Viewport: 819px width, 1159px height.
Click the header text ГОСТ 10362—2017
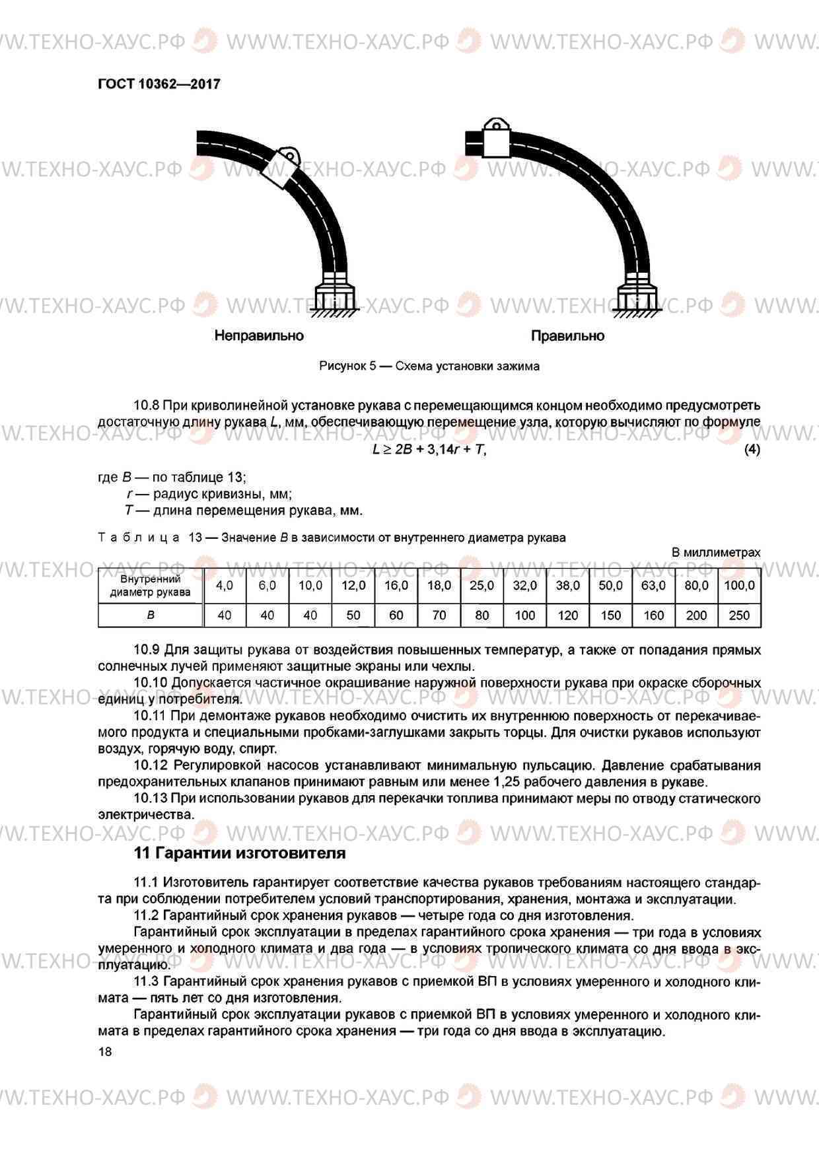pos(159,84)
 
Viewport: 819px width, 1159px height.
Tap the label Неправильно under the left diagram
pos(259,335)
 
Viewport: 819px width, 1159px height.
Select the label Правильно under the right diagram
pos(567,335)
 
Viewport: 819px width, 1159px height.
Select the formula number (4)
pos(752,450)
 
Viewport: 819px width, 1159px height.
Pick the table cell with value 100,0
pos(739,585)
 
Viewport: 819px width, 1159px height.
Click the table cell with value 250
pos(739,615)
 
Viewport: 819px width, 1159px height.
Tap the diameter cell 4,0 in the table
pos(225,585)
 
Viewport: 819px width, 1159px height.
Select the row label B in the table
pos(151,615)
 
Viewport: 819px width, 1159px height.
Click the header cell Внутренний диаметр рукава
pos(151,585)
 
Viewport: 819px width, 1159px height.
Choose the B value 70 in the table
pos(439,615)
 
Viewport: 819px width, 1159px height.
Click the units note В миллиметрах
pos(716,553)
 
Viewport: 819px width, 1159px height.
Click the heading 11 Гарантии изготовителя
pos(240,853)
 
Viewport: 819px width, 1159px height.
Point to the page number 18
pos(105,1052)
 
